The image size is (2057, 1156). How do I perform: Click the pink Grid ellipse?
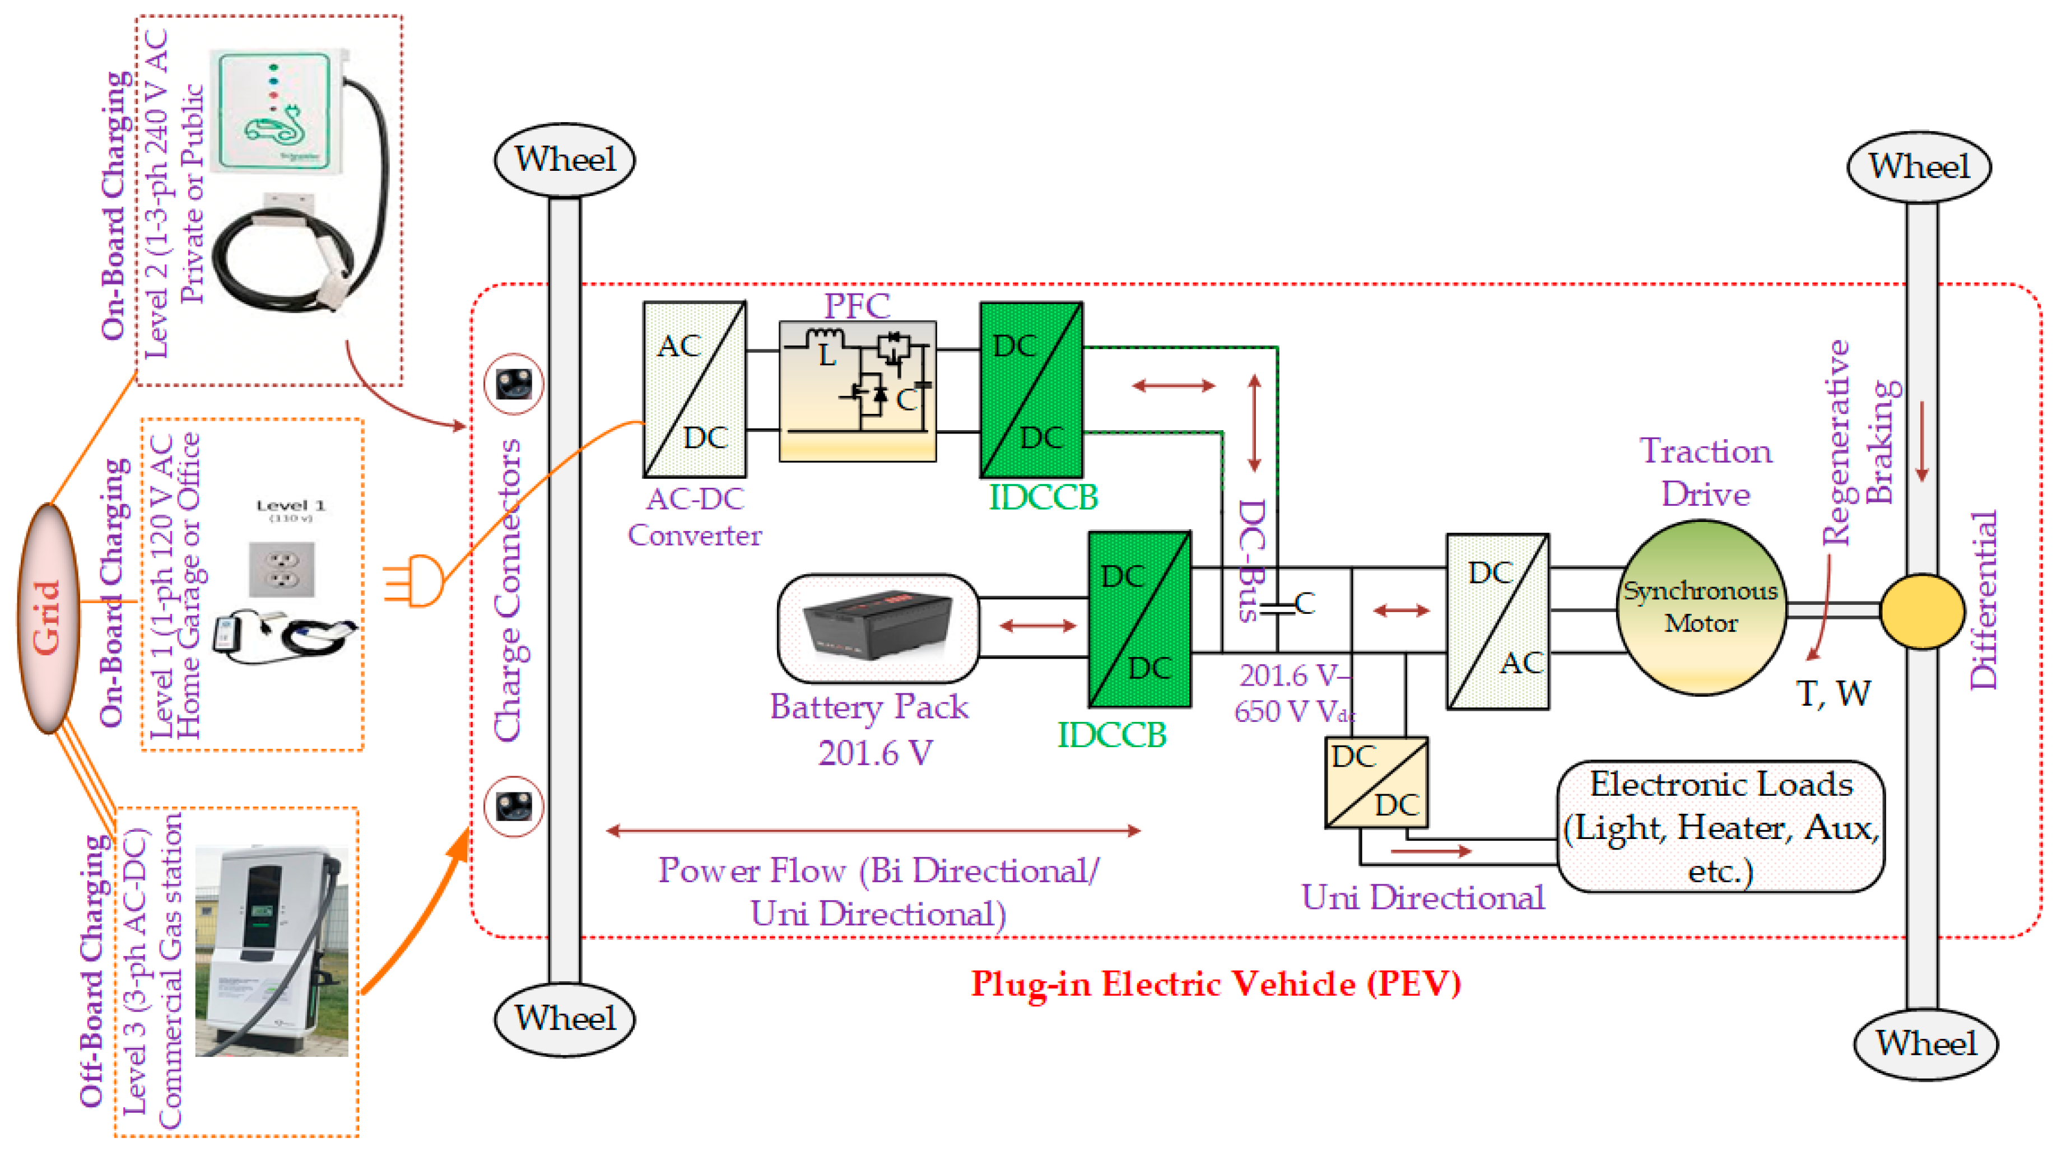pyautogui.click(x=48, y=619)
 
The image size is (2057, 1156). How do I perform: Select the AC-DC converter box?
pyautogui.click(x=694, y=390)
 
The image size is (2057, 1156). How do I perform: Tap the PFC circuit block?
pyautogui.click(x=857, y=391)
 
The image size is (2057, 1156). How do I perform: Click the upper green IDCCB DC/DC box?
pyautogui.click(x=1031, y=390)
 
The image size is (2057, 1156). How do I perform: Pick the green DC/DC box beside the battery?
pyautogui.click(x=1139, y=619)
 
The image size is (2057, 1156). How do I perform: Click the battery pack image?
pyautogui.click(x=877, y=627)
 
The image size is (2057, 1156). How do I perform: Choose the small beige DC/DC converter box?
pyautogui.click(x=1376, y=782)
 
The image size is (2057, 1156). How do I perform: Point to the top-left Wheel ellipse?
pyautogui.click(x=565, y=160)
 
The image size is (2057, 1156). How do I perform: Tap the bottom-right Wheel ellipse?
pyautogui.click(x=1925, y=1043)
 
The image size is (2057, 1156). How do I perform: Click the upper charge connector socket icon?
pyautogui.click(x=514, y=384)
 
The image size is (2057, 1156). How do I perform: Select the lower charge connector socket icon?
pyautogui.click(x=514, y=807)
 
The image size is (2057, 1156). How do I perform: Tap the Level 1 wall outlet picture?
pyautogui.click(x=281, y=569)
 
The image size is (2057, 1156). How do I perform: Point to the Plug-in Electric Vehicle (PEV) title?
pyautogui.click(x=1216, y=983)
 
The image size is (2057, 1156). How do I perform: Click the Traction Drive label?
pyautogui.click(x=1706, y=473)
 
